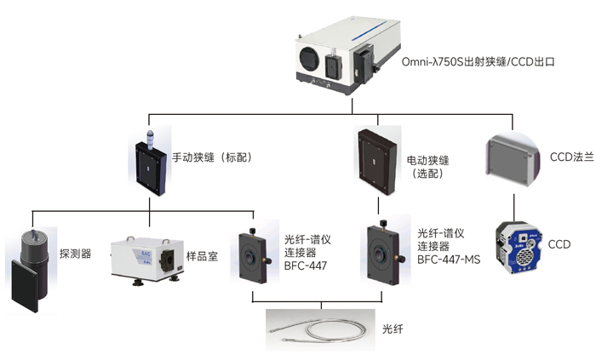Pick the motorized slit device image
(376, 158)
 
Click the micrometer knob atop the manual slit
(150, 137)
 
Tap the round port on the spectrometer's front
(309, 62)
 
